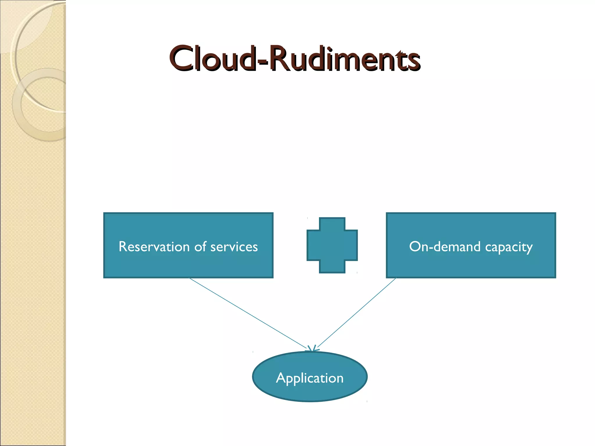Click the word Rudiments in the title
coord(344,59)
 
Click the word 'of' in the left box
coord(200,247)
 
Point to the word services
coord(234,247)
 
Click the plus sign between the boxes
coord(332,245)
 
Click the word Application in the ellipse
coord(310,378)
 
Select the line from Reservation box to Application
coord(247,312)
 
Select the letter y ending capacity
coord(529,248)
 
